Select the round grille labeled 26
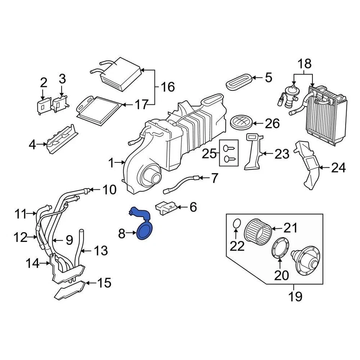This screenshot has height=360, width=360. [241, 122]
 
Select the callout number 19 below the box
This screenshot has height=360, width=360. [295, 297]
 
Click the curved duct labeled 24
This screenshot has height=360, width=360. [309, 165]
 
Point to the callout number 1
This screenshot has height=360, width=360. [111, 163]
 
